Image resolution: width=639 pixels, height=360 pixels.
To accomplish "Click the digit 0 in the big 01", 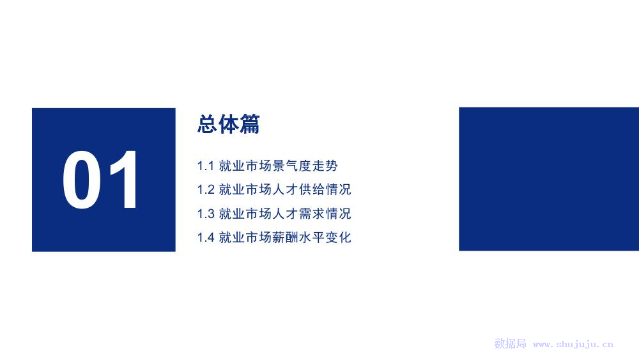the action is [x=82, y=180].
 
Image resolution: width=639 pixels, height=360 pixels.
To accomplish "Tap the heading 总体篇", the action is [x=229, y=124].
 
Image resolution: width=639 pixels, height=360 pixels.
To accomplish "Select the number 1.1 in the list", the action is [x=206, y=166].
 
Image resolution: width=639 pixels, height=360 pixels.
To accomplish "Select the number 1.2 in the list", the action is [x=206, y=189].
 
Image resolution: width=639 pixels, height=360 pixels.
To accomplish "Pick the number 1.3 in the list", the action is [x=206, y=214].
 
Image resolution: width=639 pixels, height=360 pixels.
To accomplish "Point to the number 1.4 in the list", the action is [x=206, y=237].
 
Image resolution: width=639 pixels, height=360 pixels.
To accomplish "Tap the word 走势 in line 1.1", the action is [x=325, y=166].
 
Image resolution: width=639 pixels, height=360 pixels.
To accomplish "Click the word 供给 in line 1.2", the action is [x=312, y=189].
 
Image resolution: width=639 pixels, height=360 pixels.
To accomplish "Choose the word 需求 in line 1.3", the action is [x=312, y=214].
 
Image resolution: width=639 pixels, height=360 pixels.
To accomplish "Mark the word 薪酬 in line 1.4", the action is [x=285, y=237].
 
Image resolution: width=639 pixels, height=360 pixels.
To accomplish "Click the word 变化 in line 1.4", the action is [x=338, y=237].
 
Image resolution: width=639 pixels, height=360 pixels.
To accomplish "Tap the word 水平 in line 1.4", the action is [x=312, y=237].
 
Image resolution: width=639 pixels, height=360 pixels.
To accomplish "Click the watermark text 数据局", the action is [x=510, y=343].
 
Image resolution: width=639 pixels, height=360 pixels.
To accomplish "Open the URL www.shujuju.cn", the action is [x=573, y=345].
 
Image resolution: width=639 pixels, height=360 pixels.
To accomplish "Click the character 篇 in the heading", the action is [x=249, y=124].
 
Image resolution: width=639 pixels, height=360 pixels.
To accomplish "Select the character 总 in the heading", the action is [x=208, y=124].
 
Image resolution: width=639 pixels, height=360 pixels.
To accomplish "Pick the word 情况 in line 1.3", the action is [x=338, y=214].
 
